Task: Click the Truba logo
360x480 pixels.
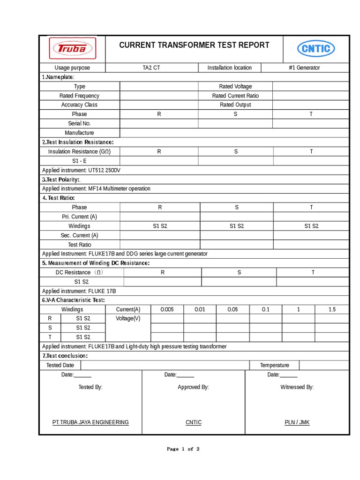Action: [x=72, y=48]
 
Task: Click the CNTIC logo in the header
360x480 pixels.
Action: [x=316, y=48]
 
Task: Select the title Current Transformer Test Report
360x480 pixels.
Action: [x=194, y=45]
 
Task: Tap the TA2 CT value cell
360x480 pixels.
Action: [x=151, y=67]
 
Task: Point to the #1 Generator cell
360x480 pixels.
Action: [x=305, y=67]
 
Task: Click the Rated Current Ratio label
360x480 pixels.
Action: [x=235, y=96]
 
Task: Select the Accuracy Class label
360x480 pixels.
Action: [x=79, y=105]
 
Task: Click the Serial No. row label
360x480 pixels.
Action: [x=79, y=123]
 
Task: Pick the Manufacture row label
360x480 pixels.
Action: [x=79, y=133]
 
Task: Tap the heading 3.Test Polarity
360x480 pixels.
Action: [x=61, y=180]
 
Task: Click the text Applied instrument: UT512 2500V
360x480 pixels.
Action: [x=81, y=170]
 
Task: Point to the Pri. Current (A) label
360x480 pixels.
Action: [x=79, y=217]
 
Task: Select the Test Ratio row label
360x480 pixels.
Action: [x=79, y=245]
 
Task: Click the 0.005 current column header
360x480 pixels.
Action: [x=167, y=309]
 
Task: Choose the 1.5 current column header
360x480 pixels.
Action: [x=332, y=309]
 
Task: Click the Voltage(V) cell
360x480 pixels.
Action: [x=128, y=319]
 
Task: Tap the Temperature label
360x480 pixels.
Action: [x=275, y=365]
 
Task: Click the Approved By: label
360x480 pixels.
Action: [x=193, y=387]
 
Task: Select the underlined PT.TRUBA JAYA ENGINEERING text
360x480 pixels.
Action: [x=90, y=422]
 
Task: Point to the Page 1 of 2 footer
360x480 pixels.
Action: [x=183, y=449]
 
